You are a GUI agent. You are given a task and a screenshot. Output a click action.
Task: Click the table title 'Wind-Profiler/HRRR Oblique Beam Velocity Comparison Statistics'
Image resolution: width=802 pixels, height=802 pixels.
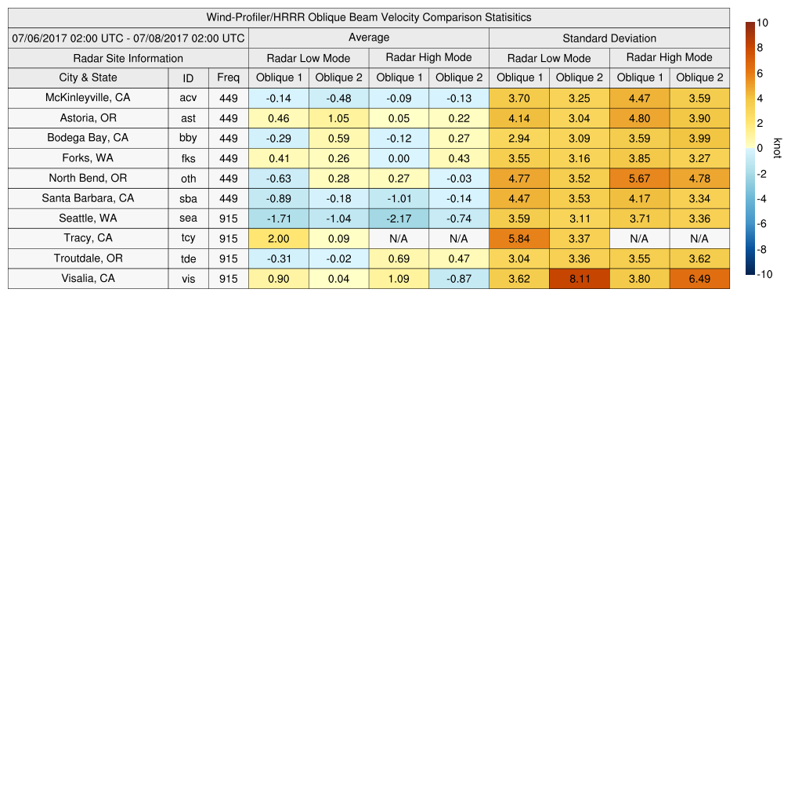click(369, 17)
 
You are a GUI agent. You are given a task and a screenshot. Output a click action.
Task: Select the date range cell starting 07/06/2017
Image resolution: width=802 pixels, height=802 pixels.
click(128, 38)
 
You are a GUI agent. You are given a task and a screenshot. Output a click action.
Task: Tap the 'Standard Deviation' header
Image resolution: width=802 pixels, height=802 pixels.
click(609, 38)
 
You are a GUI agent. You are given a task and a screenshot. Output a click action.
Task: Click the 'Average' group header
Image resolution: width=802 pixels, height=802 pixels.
click(369, 38)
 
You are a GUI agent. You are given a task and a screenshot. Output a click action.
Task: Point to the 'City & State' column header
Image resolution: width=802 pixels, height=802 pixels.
click(88, 78)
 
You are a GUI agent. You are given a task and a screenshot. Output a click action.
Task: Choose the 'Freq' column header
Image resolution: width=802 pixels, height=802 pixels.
click(229, 78)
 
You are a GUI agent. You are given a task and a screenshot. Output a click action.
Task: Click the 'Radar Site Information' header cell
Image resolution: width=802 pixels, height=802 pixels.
click(128, 58)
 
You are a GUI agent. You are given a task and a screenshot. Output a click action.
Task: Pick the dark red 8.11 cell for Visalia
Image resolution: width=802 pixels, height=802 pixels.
click(580, 279)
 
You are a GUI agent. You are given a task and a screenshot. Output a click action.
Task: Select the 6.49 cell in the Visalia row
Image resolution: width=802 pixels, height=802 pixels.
click(699, 279)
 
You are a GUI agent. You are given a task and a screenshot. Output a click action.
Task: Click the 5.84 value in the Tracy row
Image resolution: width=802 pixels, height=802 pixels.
click(519, 239)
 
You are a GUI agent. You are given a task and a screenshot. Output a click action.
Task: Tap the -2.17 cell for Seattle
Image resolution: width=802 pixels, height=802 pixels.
click(399, 219)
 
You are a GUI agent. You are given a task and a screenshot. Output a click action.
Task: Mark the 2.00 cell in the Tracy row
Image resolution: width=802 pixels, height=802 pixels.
click(279, 239)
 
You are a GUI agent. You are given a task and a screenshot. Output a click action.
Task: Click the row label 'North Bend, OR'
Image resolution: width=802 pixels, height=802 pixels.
click(88, 179)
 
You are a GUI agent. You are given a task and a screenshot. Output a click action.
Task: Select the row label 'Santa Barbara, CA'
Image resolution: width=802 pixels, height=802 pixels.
click(88, 198)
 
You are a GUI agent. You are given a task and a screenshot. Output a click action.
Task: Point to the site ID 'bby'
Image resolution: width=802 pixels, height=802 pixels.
click(188, 138)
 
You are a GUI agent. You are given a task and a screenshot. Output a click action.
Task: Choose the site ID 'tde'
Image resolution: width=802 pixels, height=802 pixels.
click(188, 258)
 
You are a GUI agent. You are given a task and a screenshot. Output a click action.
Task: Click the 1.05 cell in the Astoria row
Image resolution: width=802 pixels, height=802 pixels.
click(338, 118)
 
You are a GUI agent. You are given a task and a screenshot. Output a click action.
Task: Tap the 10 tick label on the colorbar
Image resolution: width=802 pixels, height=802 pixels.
click(762, 23)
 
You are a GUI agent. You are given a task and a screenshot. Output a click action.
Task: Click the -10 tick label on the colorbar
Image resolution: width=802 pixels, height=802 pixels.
click(764, 274)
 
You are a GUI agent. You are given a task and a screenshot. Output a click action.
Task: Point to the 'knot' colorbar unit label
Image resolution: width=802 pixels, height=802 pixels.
click(778, 148)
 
